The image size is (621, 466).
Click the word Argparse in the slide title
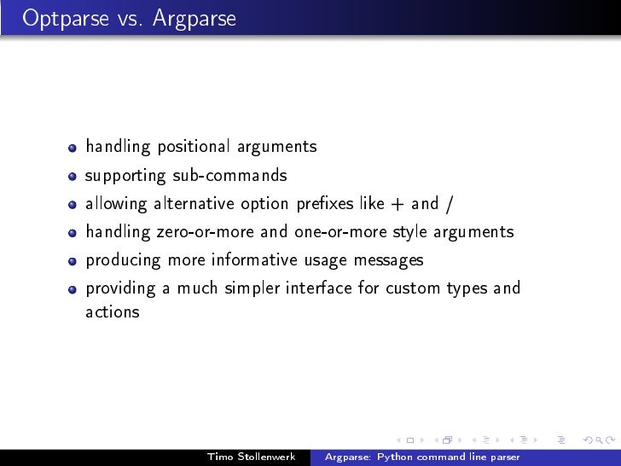[194, 18]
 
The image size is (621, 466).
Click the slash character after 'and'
[450, 204]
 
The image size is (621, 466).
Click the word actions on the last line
[112, 312]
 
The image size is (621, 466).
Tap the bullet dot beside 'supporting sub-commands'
[74, 177]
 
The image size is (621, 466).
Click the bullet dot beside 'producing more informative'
[74, 261]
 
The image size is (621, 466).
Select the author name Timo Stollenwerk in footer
[251, 457]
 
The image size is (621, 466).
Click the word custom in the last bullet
[413, 288]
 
